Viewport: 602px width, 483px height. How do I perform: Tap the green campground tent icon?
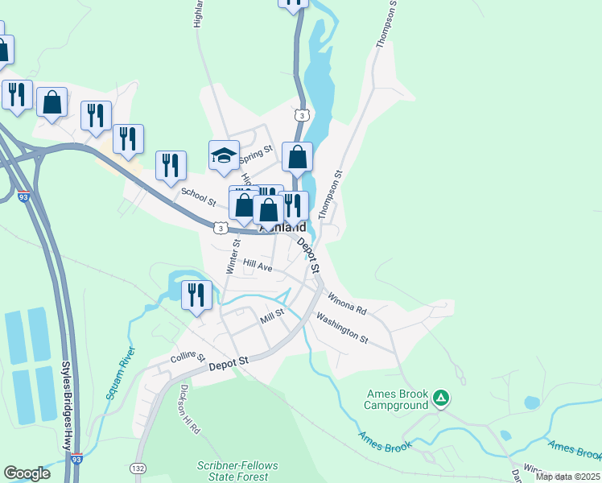[440, 397]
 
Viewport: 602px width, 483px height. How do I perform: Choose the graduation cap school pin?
[225, 154]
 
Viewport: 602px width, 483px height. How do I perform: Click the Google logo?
[27, 473]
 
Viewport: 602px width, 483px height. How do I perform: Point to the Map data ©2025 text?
[567, 477]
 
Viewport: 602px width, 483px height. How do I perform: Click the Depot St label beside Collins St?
[226, 365]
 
